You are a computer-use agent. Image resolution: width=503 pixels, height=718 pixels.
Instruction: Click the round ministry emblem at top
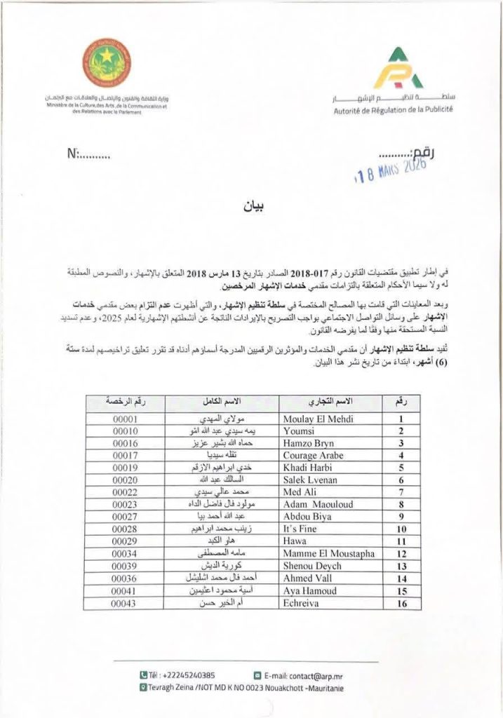click(x=106, y=62)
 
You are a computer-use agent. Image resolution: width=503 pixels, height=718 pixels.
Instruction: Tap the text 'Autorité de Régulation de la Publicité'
click(x=394, y=109)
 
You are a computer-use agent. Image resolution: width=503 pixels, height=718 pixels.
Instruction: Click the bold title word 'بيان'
click(x=251, y=208)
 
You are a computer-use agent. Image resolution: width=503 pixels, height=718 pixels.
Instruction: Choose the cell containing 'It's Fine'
click(x=300, y=529)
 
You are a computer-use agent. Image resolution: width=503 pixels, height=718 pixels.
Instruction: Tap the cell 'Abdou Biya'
click(x=307, y=517)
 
